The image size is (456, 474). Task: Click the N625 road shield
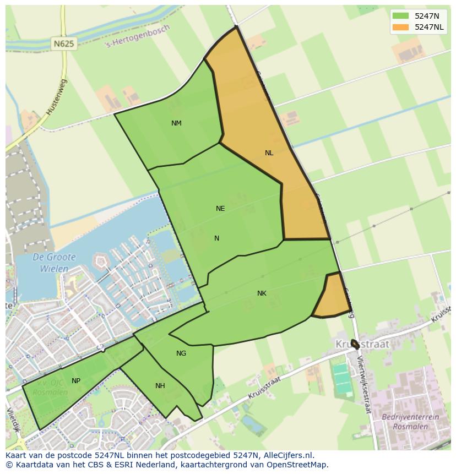point(65,43)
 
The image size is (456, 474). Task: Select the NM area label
point(176,123)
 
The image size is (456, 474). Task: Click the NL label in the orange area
point(269,153)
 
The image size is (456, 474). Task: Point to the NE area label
point(220,209)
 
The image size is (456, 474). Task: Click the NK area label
point(262,293)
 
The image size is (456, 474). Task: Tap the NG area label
point(181,353)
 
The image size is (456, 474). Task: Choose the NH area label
point(160,386)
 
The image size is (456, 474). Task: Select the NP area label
point(76,381)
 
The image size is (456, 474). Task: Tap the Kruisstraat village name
point(362,344)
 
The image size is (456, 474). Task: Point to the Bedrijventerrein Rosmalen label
point(410,422)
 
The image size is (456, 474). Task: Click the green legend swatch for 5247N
point(400,15)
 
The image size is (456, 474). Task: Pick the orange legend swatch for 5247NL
point(400,27)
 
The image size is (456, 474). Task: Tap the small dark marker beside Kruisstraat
point(355,345)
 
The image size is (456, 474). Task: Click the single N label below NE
point(217,238)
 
